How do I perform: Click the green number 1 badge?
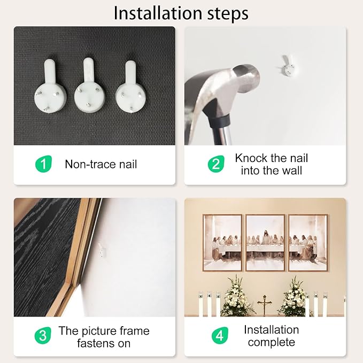tap(43, 164)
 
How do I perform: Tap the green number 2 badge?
tap(216, 164)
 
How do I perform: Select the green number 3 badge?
tap(43, 335)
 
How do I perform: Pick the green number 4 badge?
tap(220, 335)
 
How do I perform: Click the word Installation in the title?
tap(158, 13)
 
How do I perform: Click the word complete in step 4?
tap(272, 343)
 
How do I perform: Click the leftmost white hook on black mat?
tap(50, 86)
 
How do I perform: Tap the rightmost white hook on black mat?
tap(130, 87)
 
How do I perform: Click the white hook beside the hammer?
tap(288, 66)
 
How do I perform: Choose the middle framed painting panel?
tap(265, 243)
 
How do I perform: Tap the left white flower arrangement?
tap(236, 296)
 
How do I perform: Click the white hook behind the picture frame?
tap(102, 251)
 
